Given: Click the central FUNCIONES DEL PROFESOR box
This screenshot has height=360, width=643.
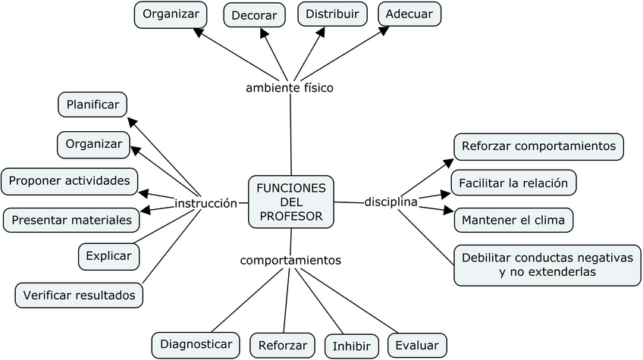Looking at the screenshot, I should [x=291, y=202].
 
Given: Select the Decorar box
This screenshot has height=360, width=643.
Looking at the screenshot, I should [x=254, y=15].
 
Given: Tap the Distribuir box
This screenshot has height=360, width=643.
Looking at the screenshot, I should [x=332, y=14].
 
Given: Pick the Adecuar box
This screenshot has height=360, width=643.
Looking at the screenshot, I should [x=409, y=14].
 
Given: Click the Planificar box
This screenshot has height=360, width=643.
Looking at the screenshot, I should [x=93, y=105].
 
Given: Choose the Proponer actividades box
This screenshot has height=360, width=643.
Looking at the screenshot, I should [x=69, y=182].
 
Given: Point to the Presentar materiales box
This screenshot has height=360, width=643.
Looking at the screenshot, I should [x=72, y=221].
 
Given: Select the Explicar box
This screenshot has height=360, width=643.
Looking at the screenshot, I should [x=108, y=256].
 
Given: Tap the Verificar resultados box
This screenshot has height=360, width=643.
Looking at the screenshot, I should [x=79, y=294].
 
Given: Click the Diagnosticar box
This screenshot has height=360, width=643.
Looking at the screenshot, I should [x=196, y=344].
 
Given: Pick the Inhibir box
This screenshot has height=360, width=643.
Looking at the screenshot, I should [x=352, y=346].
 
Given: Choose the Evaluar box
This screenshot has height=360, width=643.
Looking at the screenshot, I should [x=416, y=346].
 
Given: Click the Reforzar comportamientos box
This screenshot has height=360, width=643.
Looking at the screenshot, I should [x=538, y=146].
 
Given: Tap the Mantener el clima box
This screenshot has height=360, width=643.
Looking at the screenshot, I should [x=513, y=220].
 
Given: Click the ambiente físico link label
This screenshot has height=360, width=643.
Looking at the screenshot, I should [x=290, y=88].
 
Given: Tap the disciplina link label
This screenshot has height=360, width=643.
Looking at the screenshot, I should [x=391, y=202].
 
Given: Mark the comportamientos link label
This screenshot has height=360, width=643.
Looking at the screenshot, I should [x=290, y=260].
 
